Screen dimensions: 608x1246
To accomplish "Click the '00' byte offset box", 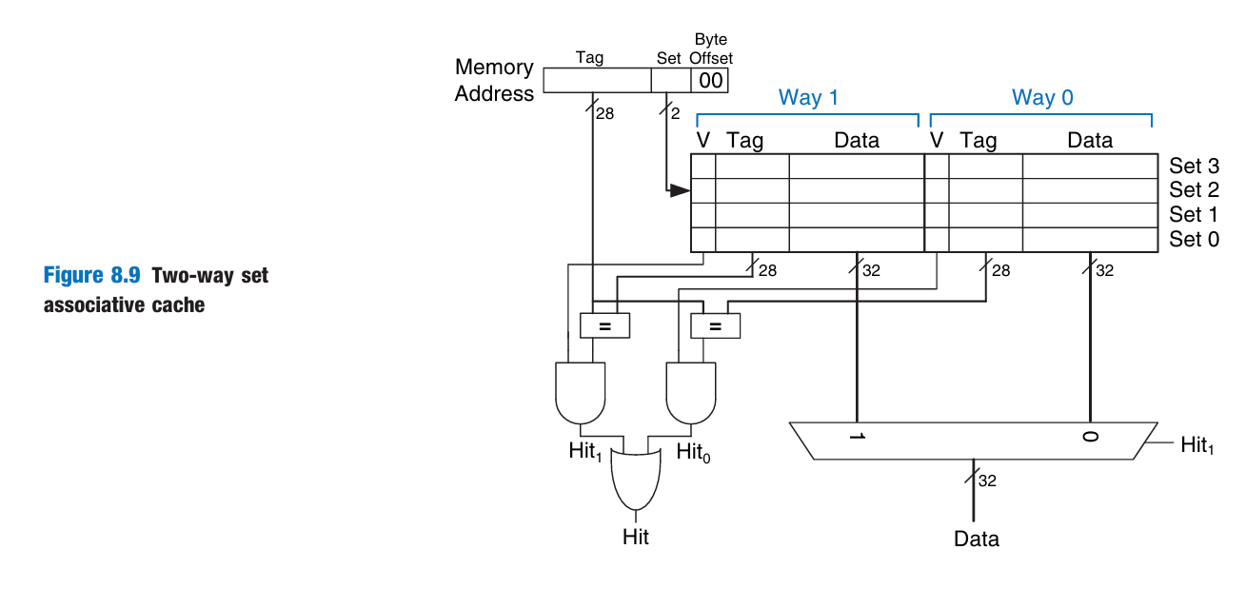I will coord(710,81).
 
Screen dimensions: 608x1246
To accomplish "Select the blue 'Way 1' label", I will coord(808,97).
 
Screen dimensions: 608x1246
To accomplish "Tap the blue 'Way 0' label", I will coord(1042,97).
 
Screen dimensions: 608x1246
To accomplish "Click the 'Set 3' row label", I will coord(1194,166).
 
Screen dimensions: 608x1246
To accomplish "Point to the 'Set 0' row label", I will coord(1194,239).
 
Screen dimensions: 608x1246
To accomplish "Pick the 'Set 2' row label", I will coord(1194,189).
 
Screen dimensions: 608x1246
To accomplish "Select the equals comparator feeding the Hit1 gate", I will coord(604,325).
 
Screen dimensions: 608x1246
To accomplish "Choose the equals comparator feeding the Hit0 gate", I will coord(715,325).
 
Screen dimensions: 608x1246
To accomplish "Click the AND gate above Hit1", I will coord(579,392).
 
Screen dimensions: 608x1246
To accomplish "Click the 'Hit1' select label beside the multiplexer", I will coord(1197,444).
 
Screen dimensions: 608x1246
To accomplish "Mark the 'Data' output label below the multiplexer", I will coord(977,539).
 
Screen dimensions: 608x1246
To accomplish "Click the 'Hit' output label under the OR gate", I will coord(636,537).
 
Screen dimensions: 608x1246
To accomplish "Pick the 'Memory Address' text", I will coord(494,80).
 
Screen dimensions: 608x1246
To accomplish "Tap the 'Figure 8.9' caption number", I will coord(92,276).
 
